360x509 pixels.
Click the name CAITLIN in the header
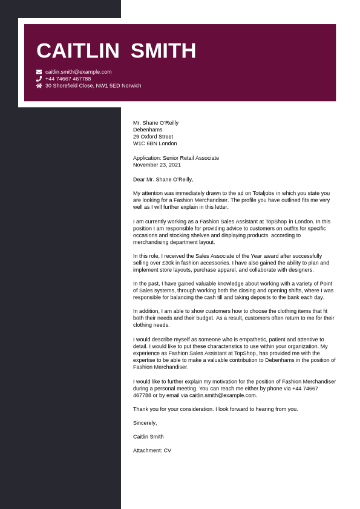click(x=77, y=51)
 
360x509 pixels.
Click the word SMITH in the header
click(x=163, y=51)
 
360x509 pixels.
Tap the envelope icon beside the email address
click(x=39, y=71)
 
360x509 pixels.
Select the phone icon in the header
click(x=39, y=79)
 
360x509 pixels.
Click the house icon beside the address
click(x=39, y=86)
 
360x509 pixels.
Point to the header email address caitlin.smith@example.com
click(x=78, y=71)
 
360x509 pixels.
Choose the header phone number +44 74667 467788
click(x=68, y=79)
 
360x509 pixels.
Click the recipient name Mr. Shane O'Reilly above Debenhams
click(x=155, y=123)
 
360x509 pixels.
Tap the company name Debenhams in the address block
click(x=148, y=130)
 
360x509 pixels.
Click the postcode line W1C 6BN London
click(x=155, y=143)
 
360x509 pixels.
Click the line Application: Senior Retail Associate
click(x=176, y=158)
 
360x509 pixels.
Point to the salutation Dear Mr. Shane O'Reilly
click(x=163, y=179)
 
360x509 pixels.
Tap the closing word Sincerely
click(x=145, y=423)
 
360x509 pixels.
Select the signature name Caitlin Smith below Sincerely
click(x=148, y=436)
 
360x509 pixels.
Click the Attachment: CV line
click(x=152, y=450)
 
